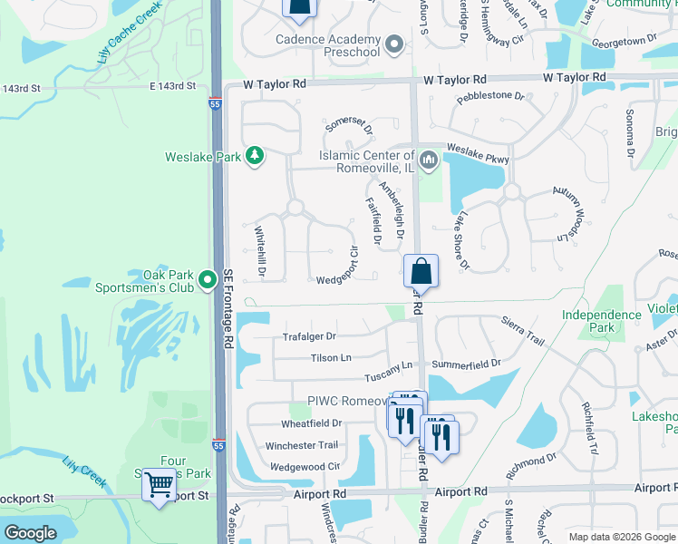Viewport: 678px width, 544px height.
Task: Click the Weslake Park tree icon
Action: (256, 156)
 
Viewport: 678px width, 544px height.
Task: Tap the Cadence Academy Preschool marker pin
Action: (393, 44)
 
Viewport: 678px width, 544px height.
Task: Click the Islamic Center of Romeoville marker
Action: (429, 161)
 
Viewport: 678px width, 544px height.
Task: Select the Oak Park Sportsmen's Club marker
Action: (208, 280)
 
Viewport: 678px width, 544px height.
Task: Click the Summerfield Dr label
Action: (466, 364)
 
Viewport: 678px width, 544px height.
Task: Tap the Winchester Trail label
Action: (301, 445)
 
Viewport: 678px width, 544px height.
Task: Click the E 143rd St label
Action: (172, 86)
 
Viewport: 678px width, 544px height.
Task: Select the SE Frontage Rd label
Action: (228, 307)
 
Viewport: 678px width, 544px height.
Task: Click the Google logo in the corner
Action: (30, 533)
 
